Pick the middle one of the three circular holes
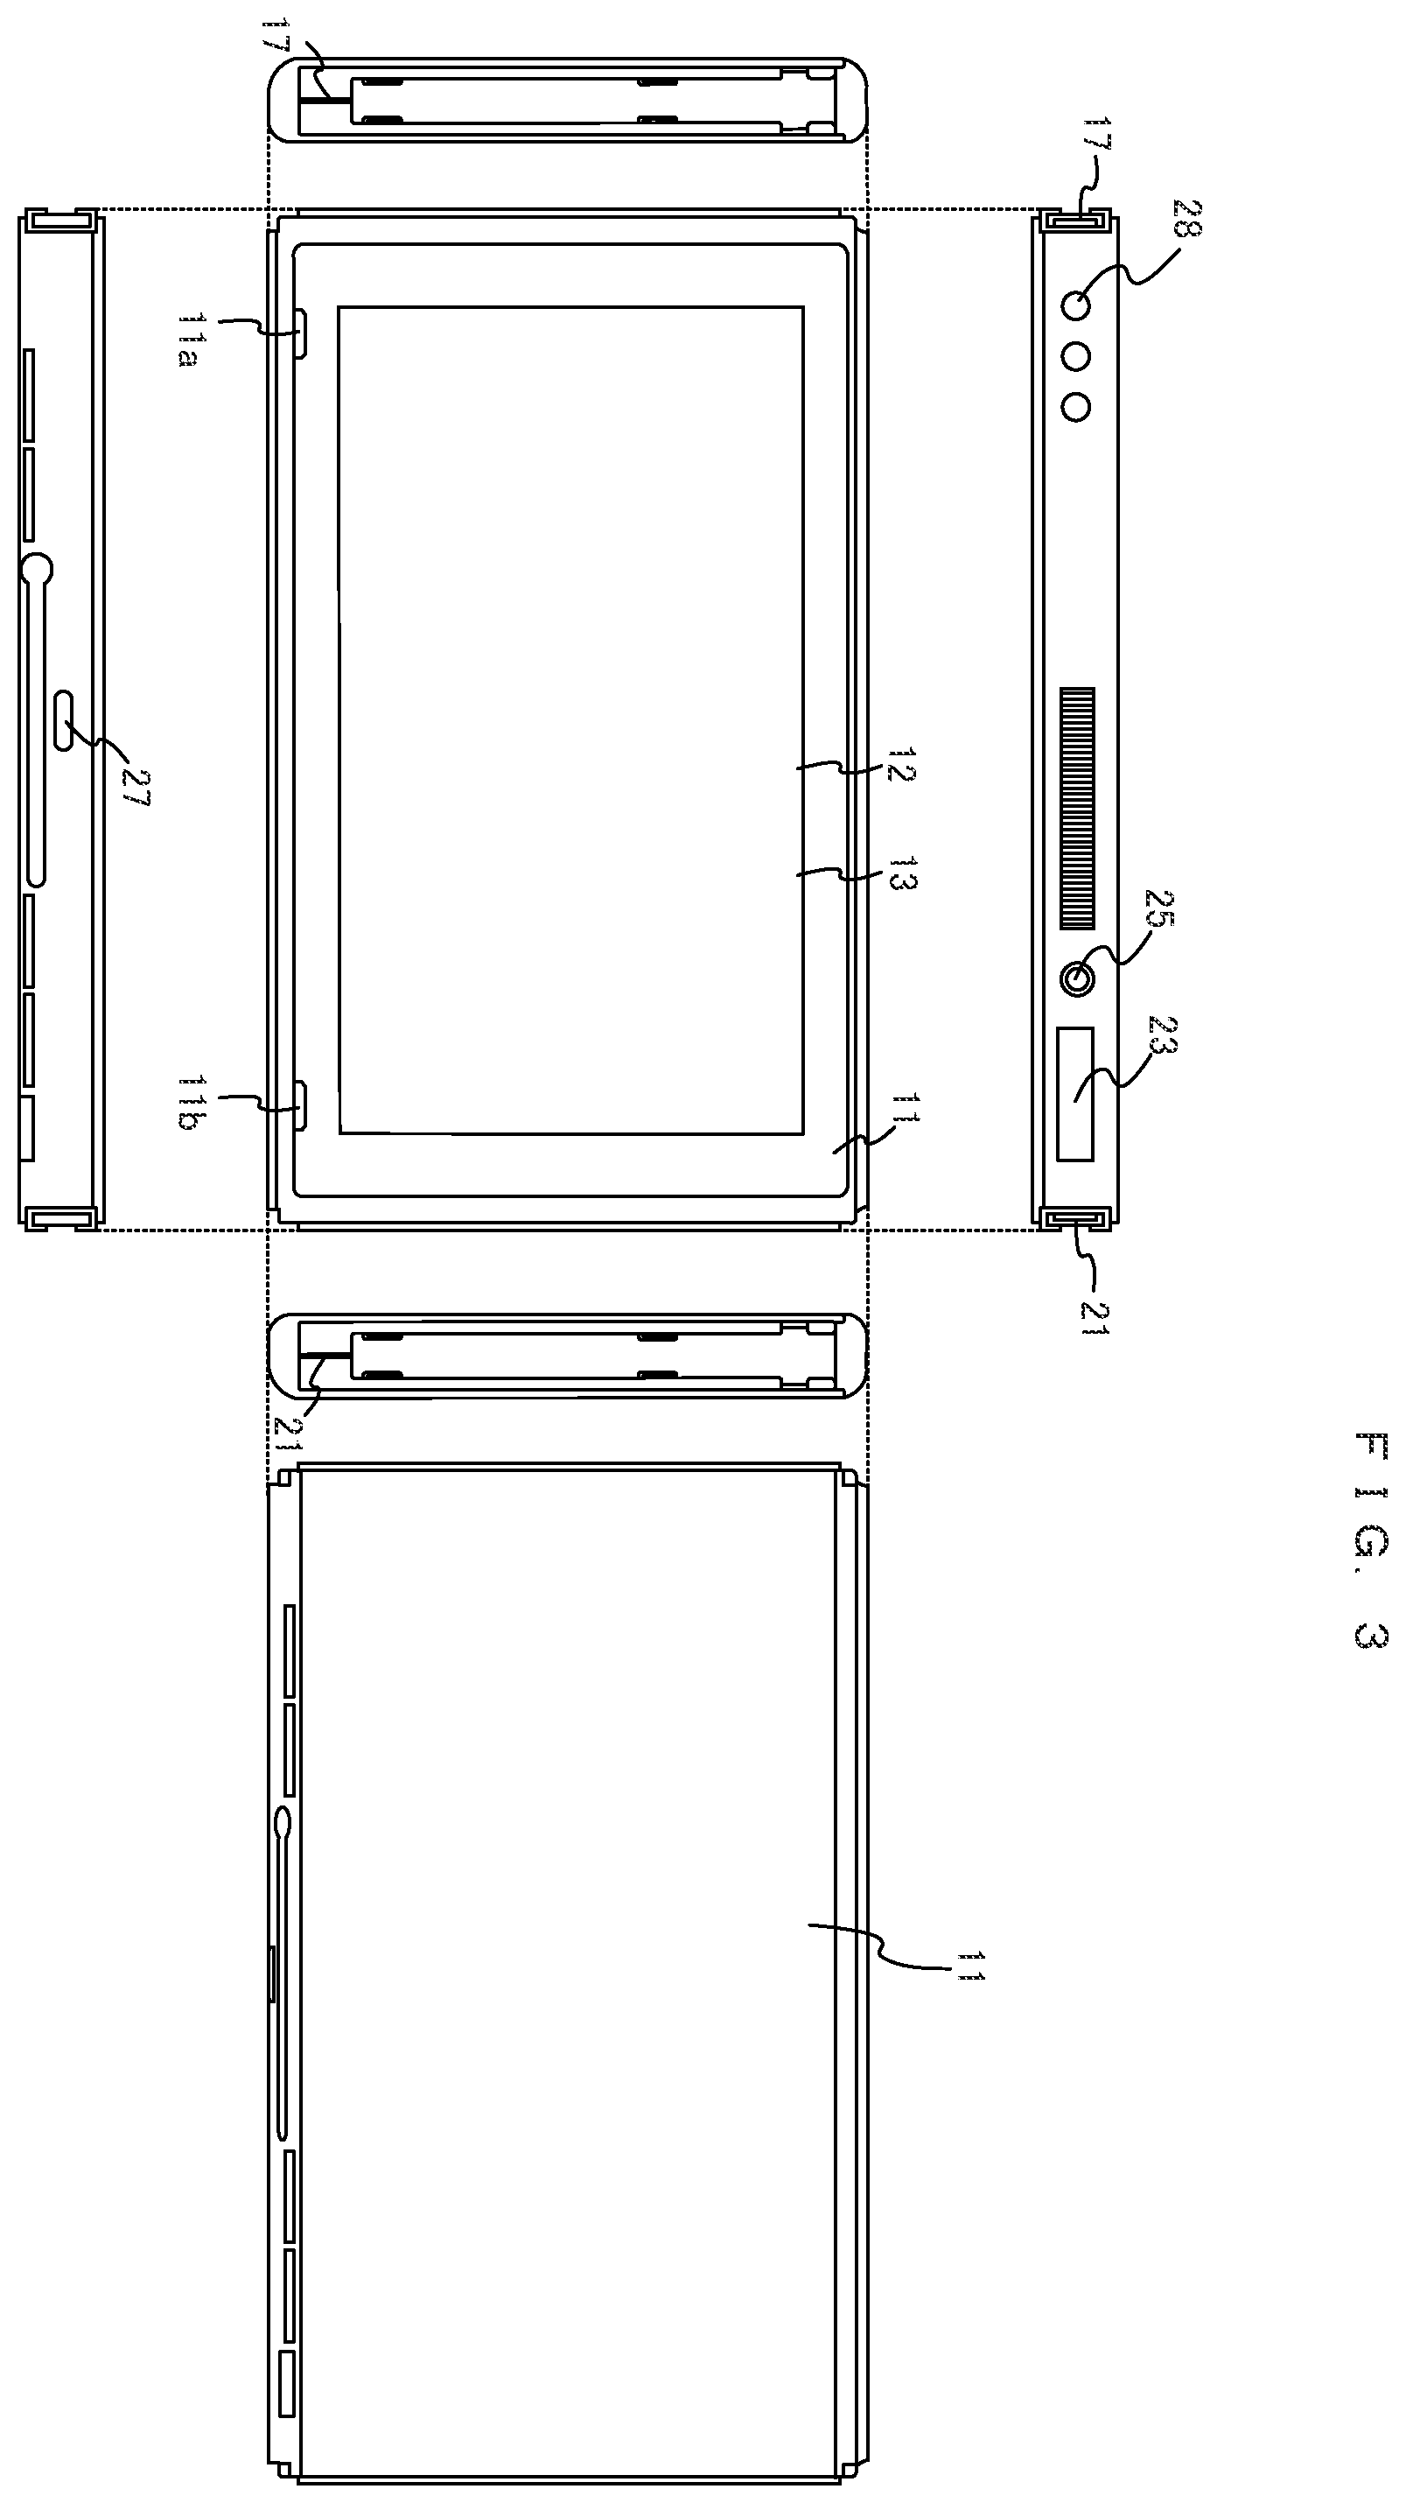point(1075,356)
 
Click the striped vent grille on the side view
point(1077,809)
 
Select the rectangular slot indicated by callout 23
point(1075,1093)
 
